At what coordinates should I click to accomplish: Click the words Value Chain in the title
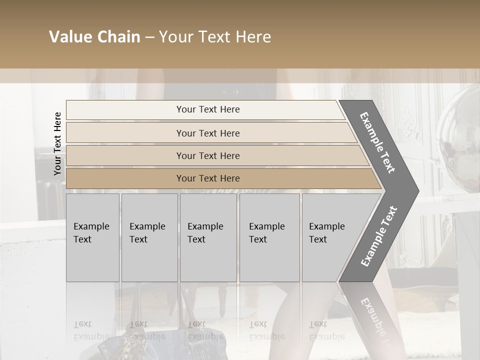coord(94,37)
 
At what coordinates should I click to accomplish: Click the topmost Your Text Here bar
coord(207,109)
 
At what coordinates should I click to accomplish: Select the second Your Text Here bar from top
coord(207,133)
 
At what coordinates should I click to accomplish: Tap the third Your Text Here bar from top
coord(207,155)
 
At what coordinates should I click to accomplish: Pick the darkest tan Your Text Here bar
coord(207,178)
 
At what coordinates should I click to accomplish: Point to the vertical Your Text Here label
coord(57,143)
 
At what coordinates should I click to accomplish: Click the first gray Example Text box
coord(92,237)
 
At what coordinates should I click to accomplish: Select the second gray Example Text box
coord(149,237)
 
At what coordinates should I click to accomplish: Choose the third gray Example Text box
coord(208,237)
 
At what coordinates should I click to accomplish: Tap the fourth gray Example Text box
coord(269,237)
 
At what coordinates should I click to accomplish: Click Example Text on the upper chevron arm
coord(377,142)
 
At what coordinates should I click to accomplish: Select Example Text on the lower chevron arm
coord(378,236)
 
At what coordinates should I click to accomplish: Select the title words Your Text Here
coord(215,37)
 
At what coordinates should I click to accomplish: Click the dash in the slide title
coord(149,37)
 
